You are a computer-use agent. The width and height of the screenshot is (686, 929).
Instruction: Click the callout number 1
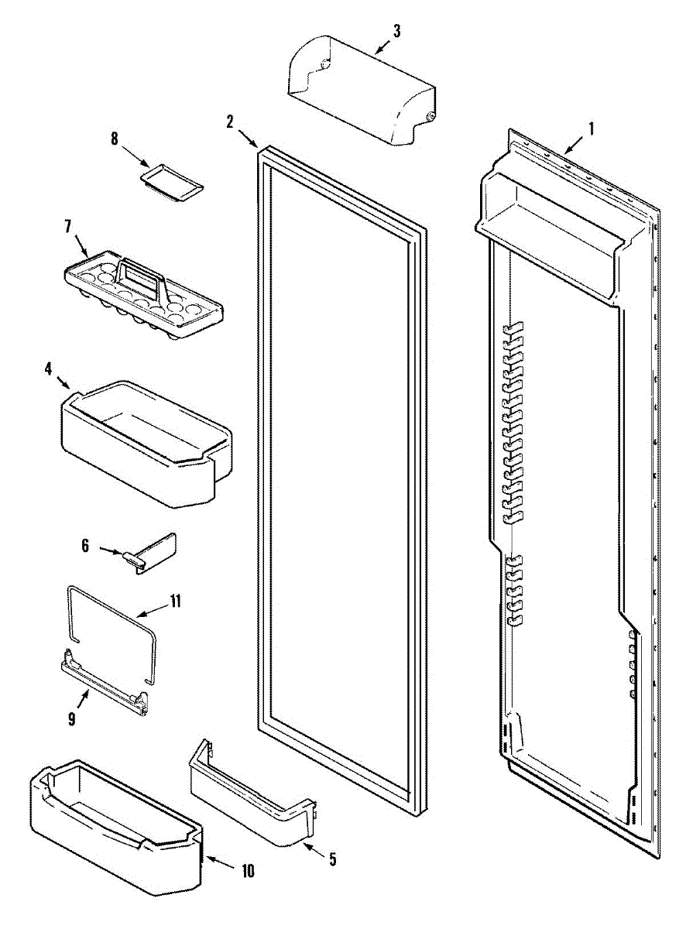(592, 129)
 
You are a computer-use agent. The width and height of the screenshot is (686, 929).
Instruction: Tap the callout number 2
(230, 121)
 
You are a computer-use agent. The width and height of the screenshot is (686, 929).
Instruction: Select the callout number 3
(396, 31)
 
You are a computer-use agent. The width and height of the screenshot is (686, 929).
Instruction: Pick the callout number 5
(332, 859)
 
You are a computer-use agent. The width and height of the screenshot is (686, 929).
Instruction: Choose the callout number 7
(67, 226)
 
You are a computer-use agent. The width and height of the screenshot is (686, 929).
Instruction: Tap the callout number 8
(115, 139)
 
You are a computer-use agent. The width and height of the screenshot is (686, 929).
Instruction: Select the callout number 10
(247, 871)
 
